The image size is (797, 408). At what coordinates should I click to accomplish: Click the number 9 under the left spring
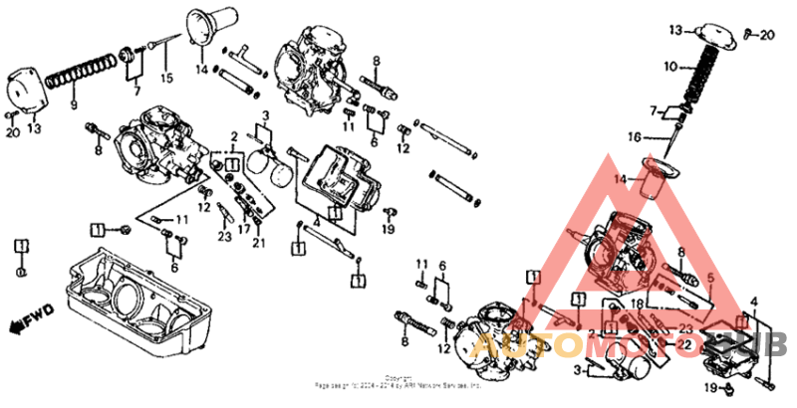pos(73,102)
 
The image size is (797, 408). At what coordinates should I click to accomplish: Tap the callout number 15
pos(166,78)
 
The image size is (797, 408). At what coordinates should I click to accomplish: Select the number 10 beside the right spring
pos(670,67)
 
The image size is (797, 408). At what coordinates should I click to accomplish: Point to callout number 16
pos(663,136)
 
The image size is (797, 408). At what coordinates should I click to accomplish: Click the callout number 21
pos(260,243)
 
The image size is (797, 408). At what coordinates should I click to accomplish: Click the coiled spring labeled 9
pos(79,74)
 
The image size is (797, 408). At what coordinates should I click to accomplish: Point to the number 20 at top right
pos(766,36)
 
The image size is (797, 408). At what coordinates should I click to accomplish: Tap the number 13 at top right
pos(675,31)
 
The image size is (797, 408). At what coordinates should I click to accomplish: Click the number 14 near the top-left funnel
pos(202,70)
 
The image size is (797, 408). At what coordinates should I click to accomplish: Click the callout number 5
pos(710,278)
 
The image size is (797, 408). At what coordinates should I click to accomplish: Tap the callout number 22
pos(682,344)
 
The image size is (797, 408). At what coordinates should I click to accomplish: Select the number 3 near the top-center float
pos(265,117)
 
